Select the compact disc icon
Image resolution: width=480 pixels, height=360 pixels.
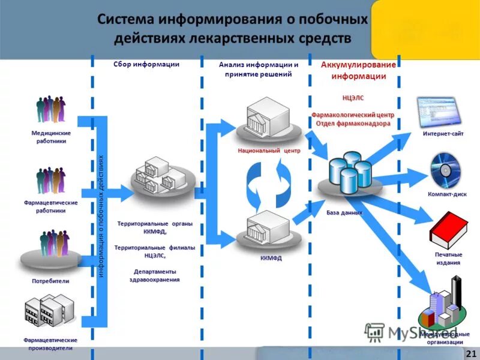tap(445, 170)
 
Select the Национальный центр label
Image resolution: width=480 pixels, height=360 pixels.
tap(269, 151)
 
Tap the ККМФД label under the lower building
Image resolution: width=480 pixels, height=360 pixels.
tap(271, 259)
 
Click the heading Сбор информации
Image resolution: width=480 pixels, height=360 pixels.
tap(146, 64)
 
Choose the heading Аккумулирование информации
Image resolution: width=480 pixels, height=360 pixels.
tap(359, 71)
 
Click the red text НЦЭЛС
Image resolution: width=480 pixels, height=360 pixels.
tap(353, 97)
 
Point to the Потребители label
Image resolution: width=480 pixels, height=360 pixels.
tap(51, 280)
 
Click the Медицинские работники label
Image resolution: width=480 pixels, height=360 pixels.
tap(51, 137)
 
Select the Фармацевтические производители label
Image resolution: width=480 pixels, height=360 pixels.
tap(50, 344)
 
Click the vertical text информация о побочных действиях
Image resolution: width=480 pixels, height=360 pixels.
tap(101, 216)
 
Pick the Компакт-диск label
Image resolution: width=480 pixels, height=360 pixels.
tap(447, 194)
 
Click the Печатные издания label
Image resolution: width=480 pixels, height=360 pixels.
tap(448, 259)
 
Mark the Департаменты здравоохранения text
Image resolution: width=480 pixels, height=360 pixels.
tap(155, 275)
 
